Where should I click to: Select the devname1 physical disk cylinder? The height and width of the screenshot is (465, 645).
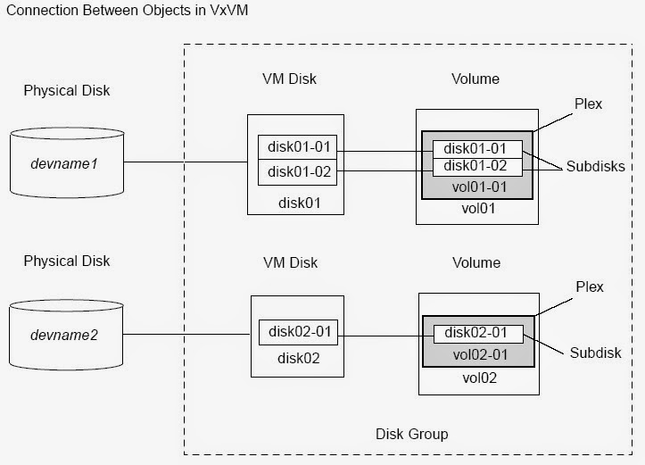pos(66,162)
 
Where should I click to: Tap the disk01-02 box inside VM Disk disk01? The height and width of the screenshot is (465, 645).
pos(297,171)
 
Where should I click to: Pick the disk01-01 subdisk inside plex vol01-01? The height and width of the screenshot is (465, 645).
pos(476,148)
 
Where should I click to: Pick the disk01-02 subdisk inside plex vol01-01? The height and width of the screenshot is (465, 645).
pos(476,165)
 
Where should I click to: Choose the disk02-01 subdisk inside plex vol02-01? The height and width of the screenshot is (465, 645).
pos(476,333)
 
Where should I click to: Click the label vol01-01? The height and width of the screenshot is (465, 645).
pos(476,186)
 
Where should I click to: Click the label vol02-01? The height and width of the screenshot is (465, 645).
pos(476,353)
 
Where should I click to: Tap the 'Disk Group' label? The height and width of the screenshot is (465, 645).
pos(411,434)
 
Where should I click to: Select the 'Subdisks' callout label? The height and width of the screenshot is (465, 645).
pos(594,167)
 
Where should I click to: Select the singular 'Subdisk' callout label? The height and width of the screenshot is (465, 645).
pos(595,353)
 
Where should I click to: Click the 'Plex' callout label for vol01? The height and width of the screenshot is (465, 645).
pos(589,104)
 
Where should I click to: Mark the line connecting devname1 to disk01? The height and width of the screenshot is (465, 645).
pos(185,162)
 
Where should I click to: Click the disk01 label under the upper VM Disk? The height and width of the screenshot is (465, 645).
pos(297,203)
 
